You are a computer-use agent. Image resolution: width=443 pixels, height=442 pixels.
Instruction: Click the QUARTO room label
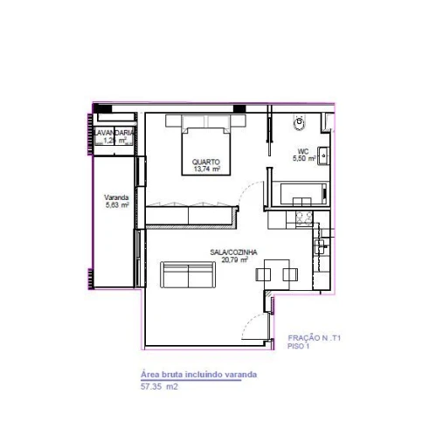coord(206,162)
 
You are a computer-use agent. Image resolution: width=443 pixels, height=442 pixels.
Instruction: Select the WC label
coord(303,152)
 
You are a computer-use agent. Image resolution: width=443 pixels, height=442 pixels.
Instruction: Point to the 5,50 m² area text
coord(303,159)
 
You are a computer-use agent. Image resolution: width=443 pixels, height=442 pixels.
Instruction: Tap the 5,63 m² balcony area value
coord(116,205)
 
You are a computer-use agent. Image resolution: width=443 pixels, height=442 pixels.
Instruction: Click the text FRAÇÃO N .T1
coord(313,338)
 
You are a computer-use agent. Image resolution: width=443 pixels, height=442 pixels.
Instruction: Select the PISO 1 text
coord(299,346)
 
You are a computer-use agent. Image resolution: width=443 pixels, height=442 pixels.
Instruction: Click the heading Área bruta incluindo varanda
coord(198,374)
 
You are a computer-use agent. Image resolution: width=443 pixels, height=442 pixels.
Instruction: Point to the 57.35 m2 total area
coord(159,384)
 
